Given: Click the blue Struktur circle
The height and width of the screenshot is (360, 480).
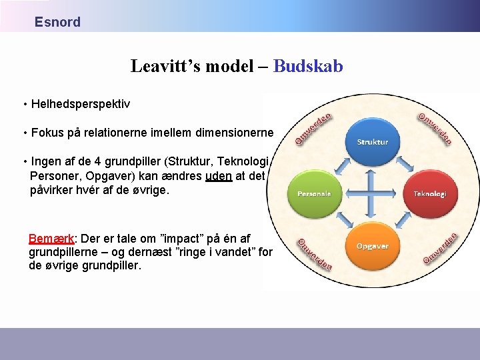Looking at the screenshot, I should [x=372, y=141].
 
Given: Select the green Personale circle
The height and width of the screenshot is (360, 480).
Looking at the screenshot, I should [x=309, y=193].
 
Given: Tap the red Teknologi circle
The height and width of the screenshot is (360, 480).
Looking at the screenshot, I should [x=429, y=193].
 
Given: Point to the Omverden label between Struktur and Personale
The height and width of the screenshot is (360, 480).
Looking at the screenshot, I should [x=313, y=129].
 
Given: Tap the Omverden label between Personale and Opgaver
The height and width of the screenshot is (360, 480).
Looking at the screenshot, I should [x=314, y=254].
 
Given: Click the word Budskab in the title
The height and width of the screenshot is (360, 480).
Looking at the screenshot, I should [x=308, y=66].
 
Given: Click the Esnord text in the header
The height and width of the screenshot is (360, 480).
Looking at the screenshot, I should [x=57, y=22].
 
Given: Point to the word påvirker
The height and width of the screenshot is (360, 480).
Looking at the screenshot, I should [x=53, y=189].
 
